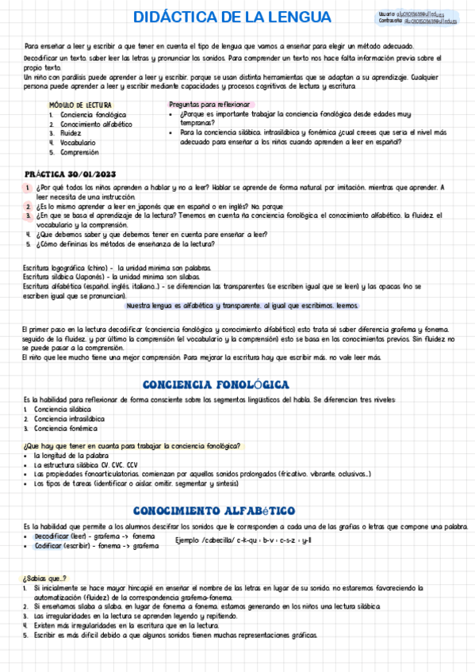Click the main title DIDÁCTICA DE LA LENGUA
[221, 17]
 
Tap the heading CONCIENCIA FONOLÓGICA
[214, 384]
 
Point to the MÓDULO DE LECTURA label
[80, 105]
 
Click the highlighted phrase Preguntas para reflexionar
[210, 105]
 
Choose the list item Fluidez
[72, 133]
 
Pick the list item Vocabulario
[79, 143]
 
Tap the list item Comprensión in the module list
[80, 152]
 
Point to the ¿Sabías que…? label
[45, 578]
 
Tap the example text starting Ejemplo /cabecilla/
[244, 541]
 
